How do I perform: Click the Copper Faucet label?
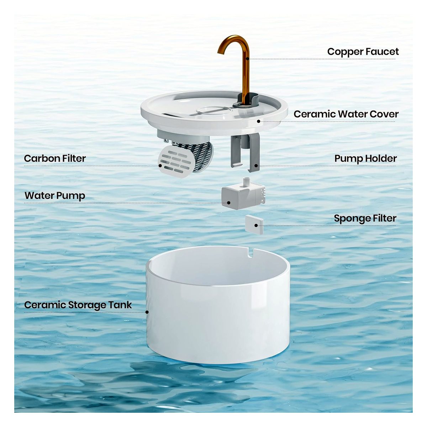pos(363,52)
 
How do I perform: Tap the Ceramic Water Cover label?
pos(346,114)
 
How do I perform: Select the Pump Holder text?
pos(365,159)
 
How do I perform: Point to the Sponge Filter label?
pos(365,218)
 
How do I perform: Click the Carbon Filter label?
pos(55,158)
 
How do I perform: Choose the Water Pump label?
pos(55,196)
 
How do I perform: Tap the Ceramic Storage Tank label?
pos(78,305)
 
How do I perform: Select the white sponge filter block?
pos(254,225)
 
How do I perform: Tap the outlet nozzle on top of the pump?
pos(246,182)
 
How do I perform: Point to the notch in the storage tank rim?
pos(251,253)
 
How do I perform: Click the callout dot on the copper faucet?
pos(248,59)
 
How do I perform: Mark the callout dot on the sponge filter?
pos(256,226)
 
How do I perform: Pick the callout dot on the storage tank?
pos(147,312)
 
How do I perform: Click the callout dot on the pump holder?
pos(256,165)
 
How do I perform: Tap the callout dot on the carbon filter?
pos(160,165)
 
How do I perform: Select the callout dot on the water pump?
pos(229,203)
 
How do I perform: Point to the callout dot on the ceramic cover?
pos(259,121)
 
